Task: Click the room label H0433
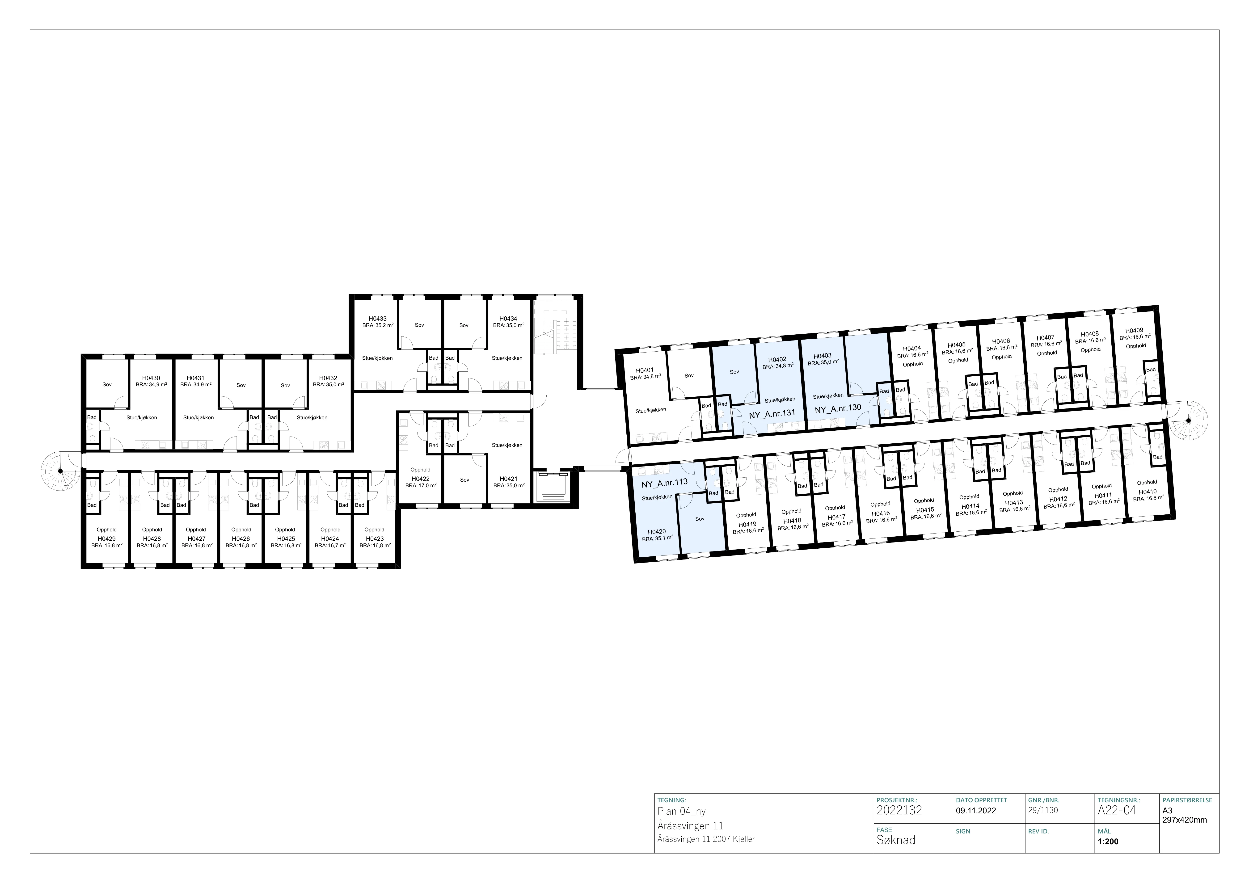[x=378, y=319]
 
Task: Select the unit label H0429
[x=107, y=539]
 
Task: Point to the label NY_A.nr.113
[x=664, y=483]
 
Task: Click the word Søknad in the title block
[x=896, y=840]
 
